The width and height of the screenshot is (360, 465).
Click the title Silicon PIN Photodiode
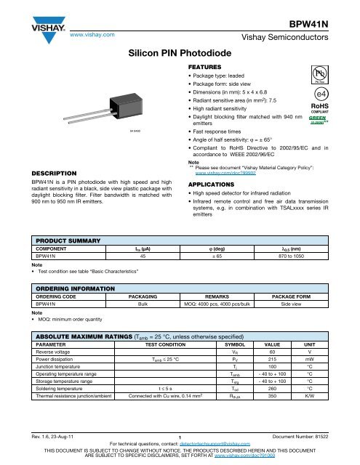tap(180, 54)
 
